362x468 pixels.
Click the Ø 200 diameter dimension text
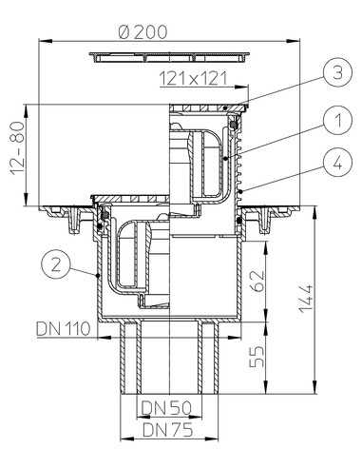click(144, 30)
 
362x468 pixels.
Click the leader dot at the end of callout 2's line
click(100, 274)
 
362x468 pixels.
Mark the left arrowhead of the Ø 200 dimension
click(43, 41)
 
